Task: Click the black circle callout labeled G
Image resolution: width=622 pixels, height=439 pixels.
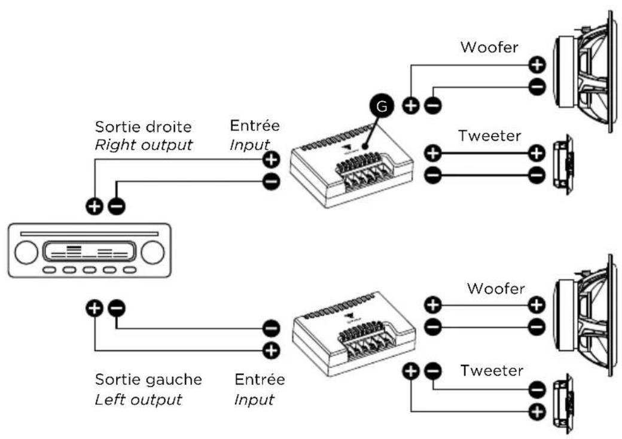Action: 382,106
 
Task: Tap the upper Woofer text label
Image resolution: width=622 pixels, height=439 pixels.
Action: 489,47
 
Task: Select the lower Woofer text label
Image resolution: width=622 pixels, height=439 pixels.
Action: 496,288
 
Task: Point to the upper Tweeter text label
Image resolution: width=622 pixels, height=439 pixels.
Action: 489,136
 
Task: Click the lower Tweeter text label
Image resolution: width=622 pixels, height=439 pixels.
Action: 492,370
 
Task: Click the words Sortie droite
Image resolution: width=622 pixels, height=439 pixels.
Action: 143,127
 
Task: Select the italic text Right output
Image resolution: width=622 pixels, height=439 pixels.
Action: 144,145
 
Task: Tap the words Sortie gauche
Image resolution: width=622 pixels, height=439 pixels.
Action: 148,380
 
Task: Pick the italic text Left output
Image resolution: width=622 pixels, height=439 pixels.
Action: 138,400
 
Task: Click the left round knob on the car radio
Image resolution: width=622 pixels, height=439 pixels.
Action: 26,252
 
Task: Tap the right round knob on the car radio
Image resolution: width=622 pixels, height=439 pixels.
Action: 153,252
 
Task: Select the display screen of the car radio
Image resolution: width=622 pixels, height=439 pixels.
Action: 89,251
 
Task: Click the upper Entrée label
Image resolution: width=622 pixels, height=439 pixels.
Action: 255,126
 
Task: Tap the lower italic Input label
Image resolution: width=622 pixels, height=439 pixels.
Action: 254,400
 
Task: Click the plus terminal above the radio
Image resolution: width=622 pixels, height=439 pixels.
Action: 94,206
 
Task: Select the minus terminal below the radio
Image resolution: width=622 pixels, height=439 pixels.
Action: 117,308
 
